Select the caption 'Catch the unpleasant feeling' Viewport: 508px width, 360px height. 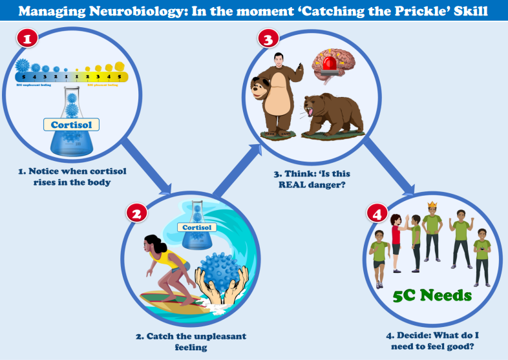tap(200, 342)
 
